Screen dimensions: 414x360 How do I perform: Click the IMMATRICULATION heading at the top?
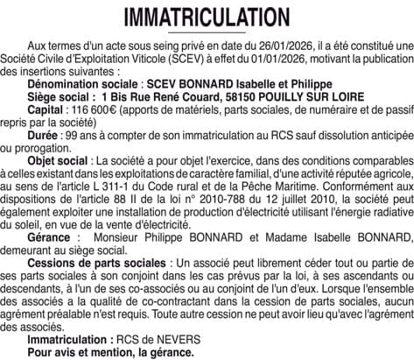point(207,17)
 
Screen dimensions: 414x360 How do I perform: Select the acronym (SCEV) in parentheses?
point(175,57)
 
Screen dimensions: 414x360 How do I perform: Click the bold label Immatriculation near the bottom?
point(67,337)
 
